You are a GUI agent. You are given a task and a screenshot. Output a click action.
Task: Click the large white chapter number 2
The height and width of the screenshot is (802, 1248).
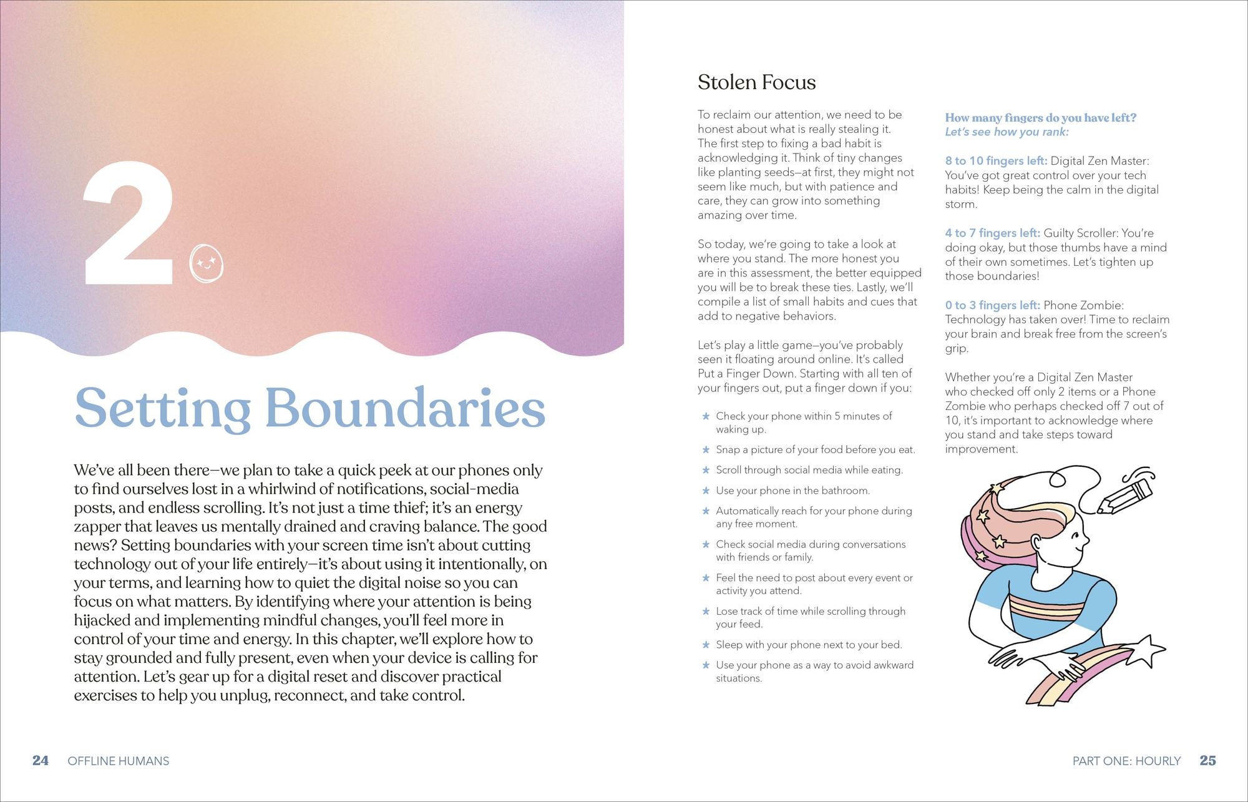point(128,223)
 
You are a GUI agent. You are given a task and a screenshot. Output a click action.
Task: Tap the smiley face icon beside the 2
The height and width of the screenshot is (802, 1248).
point(206,263)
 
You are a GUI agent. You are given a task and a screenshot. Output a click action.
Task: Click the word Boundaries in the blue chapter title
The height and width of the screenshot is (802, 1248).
point(405,408)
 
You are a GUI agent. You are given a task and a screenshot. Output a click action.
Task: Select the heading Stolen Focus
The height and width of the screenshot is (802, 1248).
point(756,82)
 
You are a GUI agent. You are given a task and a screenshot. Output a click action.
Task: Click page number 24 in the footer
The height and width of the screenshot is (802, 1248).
point(41,760)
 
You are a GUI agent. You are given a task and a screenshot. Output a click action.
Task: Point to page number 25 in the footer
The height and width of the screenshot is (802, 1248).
point(1207,760)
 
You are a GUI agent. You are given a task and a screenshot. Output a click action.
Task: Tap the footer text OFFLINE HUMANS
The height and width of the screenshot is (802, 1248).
point(119,761)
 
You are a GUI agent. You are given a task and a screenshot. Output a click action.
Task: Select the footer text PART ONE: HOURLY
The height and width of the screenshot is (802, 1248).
point(1126,761)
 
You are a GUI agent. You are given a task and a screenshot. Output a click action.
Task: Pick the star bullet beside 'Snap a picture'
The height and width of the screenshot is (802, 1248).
point(706,449)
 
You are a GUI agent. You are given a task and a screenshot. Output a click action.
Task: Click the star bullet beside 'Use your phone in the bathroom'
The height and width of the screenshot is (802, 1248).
point(706,491)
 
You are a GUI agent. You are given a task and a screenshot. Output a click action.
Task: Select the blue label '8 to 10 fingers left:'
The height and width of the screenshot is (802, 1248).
point(996,161)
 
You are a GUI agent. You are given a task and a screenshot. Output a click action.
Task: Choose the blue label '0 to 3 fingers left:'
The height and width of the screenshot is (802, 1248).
point(992,305)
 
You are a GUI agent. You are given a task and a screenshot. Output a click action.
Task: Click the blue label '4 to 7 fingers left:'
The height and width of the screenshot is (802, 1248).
point(992,233)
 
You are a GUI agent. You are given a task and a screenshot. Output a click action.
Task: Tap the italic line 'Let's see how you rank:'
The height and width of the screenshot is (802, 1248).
point(1007,132)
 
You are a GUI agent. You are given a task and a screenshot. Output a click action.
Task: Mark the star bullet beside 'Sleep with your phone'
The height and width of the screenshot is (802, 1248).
point(706,645)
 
